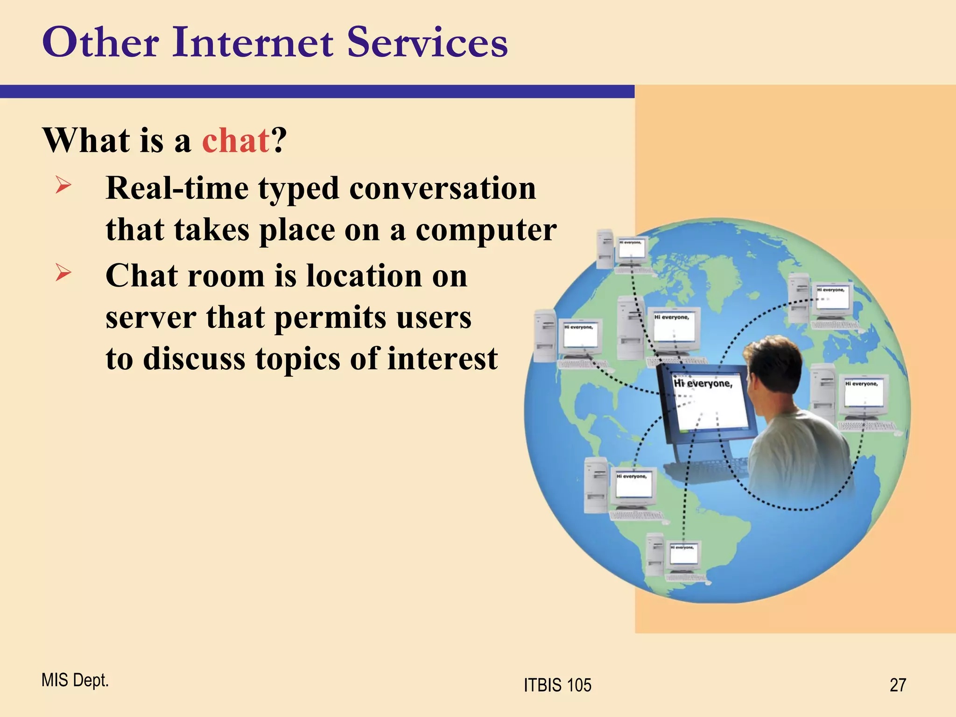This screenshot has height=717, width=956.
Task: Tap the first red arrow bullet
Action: click(63, 185)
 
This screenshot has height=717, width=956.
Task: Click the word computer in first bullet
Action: click(486, 230)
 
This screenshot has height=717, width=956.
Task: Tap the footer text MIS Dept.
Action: click(75, 680)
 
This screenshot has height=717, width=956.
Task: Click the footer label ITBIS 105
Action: click(557, 685)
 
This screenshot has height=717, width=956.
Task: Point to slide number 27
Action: click(898, 685)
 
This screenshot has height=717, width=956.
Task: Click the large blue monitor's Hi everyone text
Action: click(703, 384)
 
